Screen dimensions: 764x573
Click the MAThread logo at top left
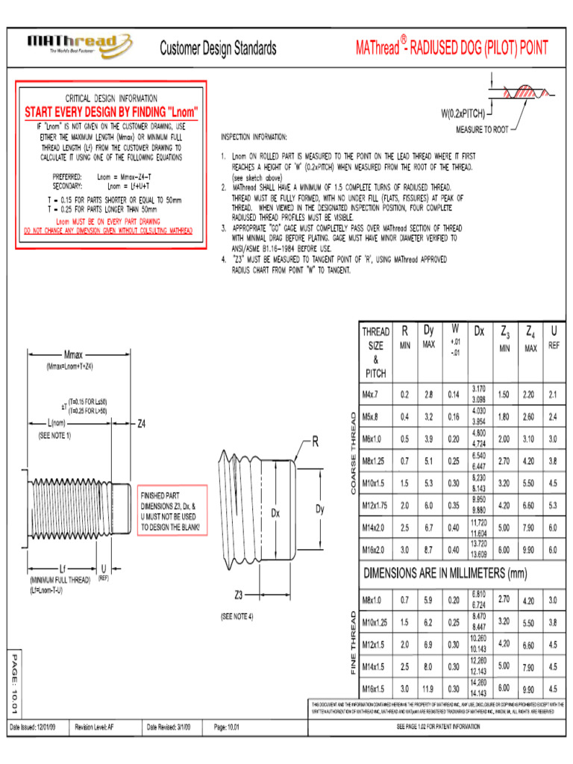point(80,45)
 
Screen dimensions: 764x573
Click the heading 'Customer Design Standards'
point(218,49)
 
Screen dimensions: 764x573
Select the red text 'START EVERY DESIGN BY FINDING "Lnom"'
point(112,112)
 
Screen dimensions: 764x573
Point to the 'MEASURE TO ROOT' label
point(481,129)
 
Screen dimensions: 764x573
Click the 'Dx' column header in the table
point(479,331)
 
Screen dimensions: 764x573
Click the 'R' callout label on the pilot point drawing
point(315,442)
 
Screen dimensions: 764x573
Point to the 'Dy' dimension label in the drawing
point(320,510)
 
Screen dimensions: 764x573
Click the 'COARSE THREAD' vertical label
point(352,452)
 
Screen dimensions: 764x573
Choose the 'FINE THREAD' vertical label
point(352,642)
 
